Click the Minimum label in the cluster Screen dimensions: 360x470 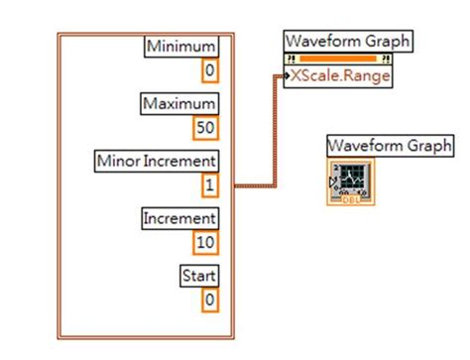(x=181, y=47)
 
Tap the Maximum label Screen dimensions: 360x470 (x=179, y=103)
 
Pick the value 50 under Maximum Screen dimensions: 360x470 (x=205, y=127)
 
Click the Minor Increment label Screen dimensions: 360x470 (x=156, y=160)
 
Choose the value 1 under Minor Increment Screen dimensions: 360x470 (x=209, y=184)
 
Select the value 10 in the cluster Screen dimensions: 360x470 (x=205, y=241)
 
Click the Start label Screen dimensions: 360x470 (x=198, y=275)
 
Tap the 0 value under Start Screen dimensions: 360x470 (x=209, y=298)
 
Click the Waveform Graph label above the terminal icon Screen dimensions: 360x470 (x=390, y=146)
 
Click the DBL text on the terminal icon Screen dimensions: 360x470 (x=350, y=197)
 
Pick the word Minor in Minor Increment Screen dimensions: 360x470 (x=120, y=160)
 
